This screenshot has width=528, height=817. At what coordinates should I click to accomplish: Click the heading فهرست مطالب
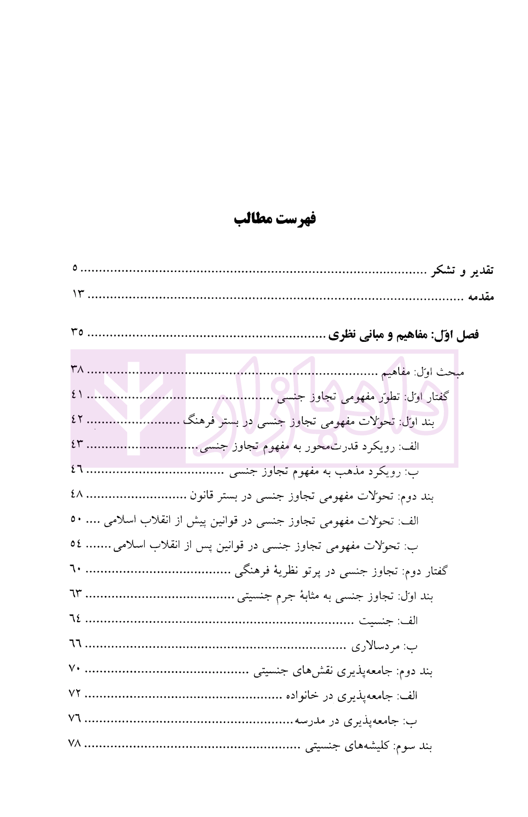pyautogui.click(x=275, y=219)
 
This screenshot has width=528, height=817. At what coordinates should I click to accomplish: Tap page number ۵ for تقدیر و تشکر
pyautogui.click(x=75, y=268)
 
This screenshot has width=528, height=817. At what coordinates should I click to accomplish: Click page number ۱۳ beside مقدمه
pyautogui.click(x=78, y=294)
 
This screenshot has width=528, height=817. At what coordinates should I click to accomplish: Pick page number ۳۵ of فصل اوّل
pyautogui.click(x=77, y=332)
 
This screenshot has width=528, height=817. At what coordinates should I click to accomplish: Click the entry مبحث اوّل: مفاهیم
pyautogui.click(x=422, y=372)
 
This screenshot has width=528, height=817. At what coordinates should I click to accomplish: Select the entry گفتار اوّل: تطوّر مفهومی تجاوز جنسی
pyautogui.click(x=362, y=397)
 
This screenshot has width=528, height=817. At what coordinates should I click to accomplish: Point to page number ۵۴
pyautogui.click(x=76, y=544)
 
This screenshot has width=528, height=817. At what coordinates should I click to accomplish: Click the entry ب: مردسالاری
pyautogui.click(x=384, y=646)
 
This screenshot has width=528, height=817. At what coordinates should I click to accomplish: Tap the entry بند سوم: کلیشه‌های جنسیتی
pyautogui.click(x=369, y=746)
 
